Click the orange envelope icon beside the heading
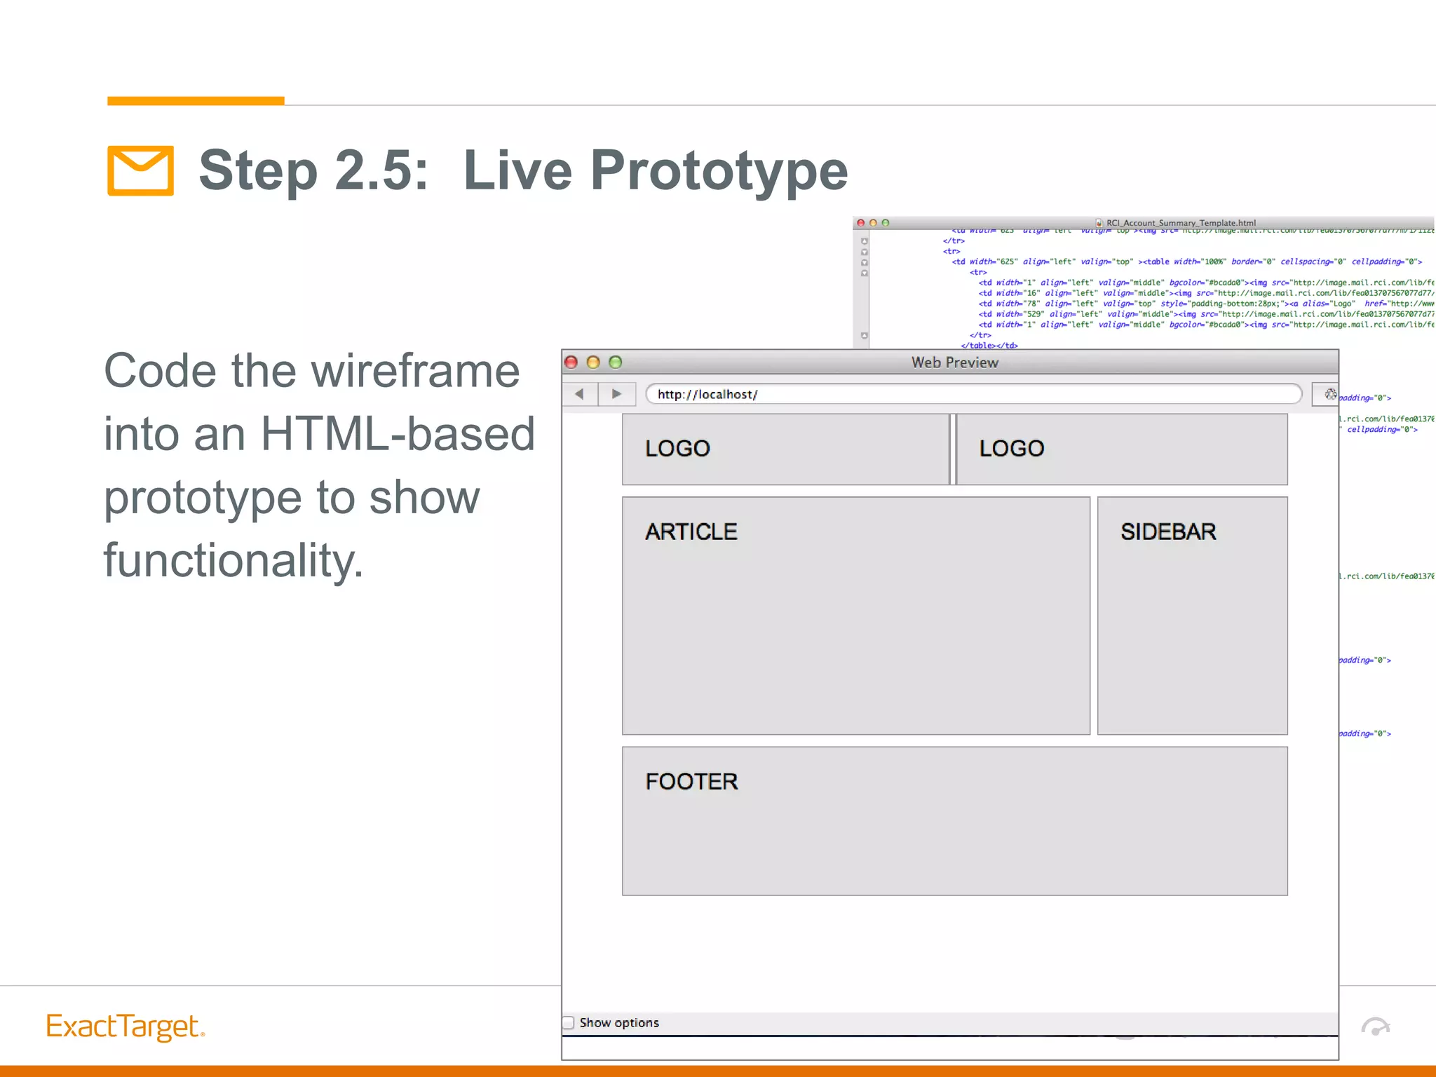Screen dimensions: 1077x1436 coord(140,170)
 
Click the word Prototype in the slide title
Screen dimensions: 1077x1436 coord(719,170)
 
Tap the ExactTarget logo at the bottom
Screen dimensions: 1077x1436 coord(125,1027)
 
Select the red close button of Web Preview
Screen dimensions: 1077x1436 coord(571,363)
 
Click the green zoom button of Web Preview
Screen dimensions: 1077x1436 coord(616,363)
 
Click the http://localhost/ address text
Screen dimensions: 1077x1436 coord(707,394)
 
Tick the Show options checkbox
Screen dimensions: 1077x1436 coord(569,1022)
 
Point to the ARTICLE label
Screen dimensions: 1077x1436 coord(691,531)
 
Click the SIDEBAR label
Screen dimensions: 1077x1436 coord(1167,531)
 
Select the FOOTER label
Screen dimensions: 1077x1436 coord(691,781)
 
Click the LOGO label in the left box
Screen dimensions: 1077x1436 coord(677,448)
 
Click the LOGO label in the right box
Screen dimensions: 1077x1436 coord(1011,448)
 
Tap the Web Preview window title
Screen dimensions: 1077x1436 coord(954,363)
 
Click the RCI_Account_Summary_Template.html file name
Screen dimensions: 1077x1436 coord(1180,223)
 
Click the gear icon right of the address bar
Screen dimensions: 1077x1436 coord(1329,394)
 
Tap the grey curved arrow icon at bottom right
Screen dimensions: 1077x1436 coord(1375,1027)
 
